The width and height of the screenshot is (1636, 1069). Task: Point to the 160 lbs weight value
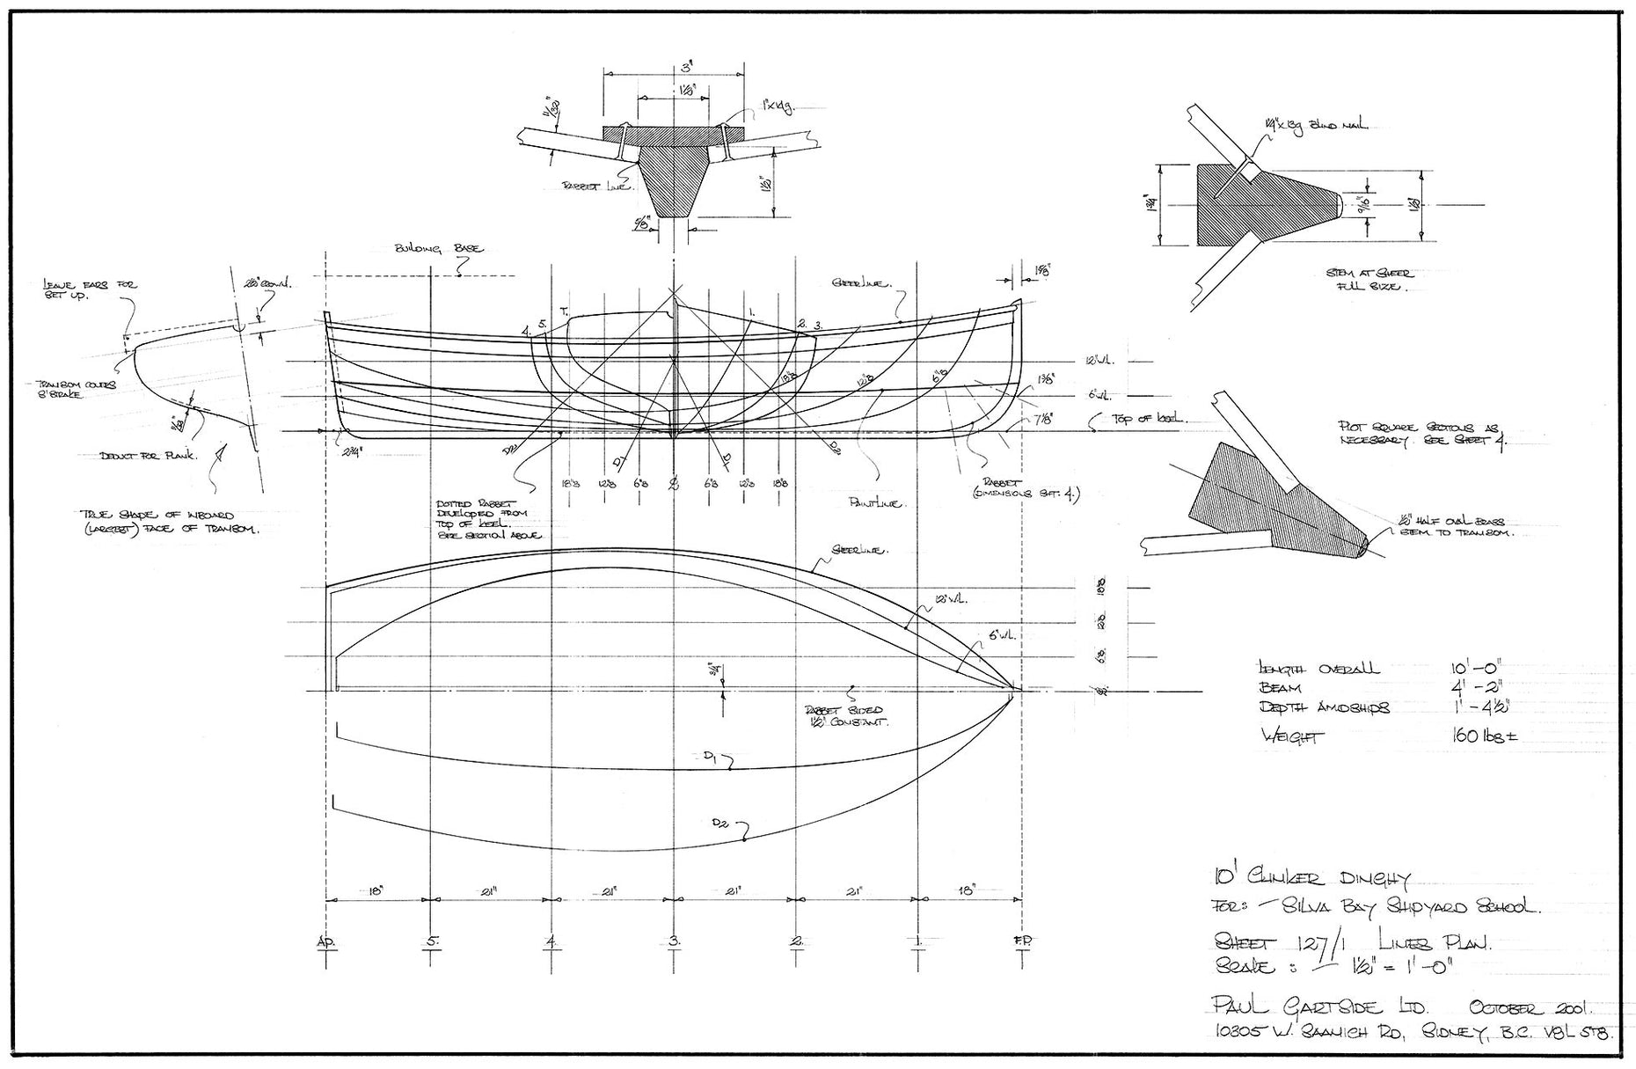[1484, 736]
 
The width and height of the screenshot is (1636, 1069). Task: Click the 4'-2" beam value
[1476, 690]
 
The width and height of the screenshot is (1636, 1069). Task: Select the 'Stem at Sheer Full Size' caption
[1368, 280]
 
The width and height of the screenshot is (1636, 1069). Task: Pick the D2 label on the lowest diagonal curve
[723, 824]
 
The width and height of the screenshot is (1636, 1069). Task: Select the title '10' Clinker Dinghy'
[1311, 878]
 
